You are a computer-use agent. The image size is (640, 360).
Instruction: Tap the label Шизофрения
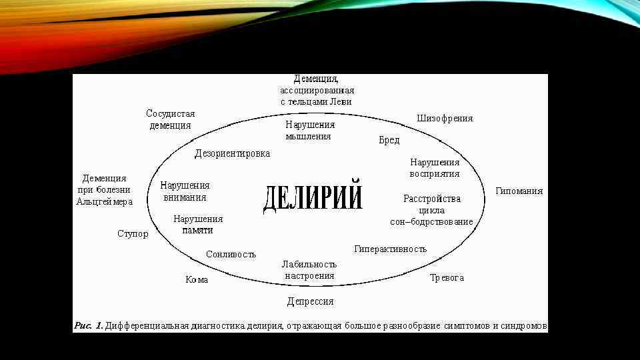click(445, 119)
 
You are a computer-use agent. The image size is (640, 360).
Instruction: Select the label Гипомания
click(519, 191)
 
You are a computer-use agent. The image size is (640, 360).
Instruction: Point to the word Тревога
click(447, 277)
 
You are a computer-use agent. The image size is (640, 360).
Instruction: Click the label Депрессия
click(310, 301)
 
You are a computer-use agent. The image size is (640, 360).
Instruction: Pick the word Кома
click(197, 280)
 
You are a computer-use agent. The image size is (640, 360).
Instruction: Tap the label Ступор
click(133, 234)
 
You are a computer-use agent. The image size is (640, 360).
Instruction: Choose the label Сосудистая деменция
click(171, 119)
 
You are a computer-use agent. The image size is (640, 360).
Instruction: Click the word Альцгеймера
click(105, 201)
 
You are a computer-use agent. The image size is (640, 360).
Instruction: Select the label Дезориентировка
click(232, 154)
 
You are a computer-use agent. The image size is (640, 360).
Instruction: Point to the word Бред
click(389, 140)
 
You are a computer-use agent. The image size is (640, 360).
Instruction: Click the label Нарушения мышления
click(309, 130)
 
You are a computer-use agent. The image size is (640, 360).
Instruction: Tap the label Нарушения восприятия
click(435, 168)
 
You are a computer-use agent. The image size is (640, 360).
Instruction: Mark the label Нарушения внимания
click(185, 191)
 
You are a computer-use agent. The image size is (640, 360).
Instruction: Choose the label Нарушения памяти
click(198, 224)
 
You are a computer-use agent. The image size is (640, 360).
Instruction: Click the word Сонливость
click(231, 254)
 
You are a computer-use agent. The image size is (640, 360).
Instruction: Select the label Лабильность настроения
click(309, 269)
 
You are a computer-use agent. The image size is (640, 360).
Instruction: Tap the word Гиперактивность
click(390, 249)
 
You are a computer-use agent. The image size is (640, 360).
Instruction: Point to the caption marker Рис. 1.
click(88, 326)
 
